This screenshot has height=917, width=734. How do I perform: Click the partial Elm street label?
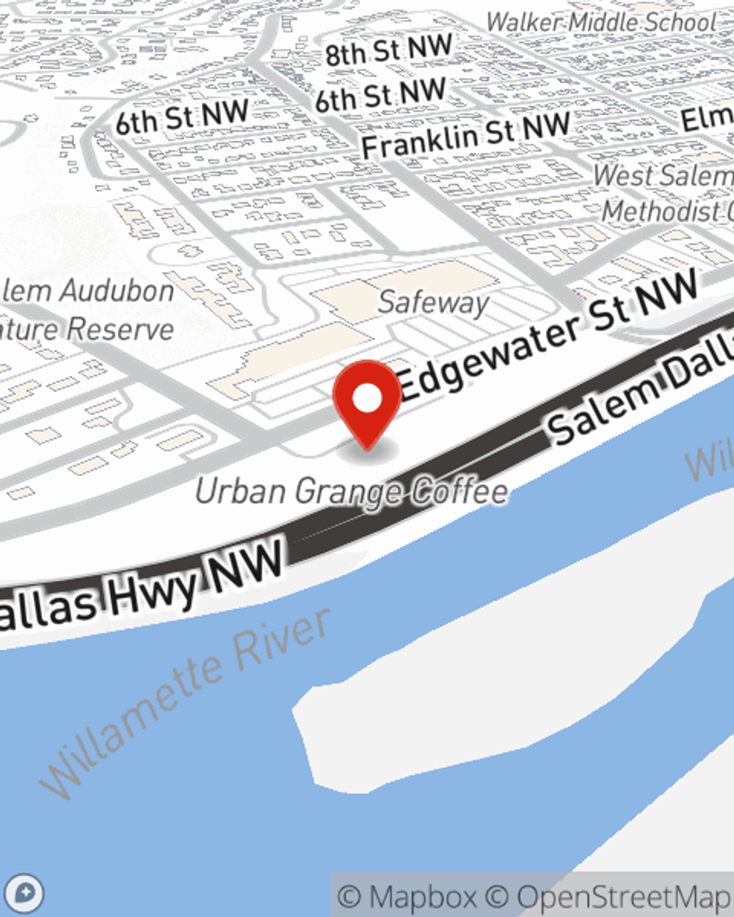pyautogui.click(x=706, y=117)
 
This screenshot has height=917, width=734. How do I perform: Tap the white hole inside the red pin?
pyautogui.click(x=368, y=399)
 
